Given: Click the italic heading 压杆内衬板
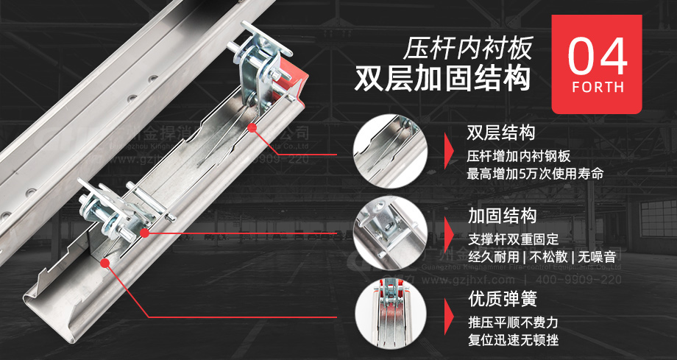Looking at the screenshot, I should (x=467, y=49).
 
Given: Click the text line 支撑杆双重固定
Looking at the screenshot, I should (x=513, y=239).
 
